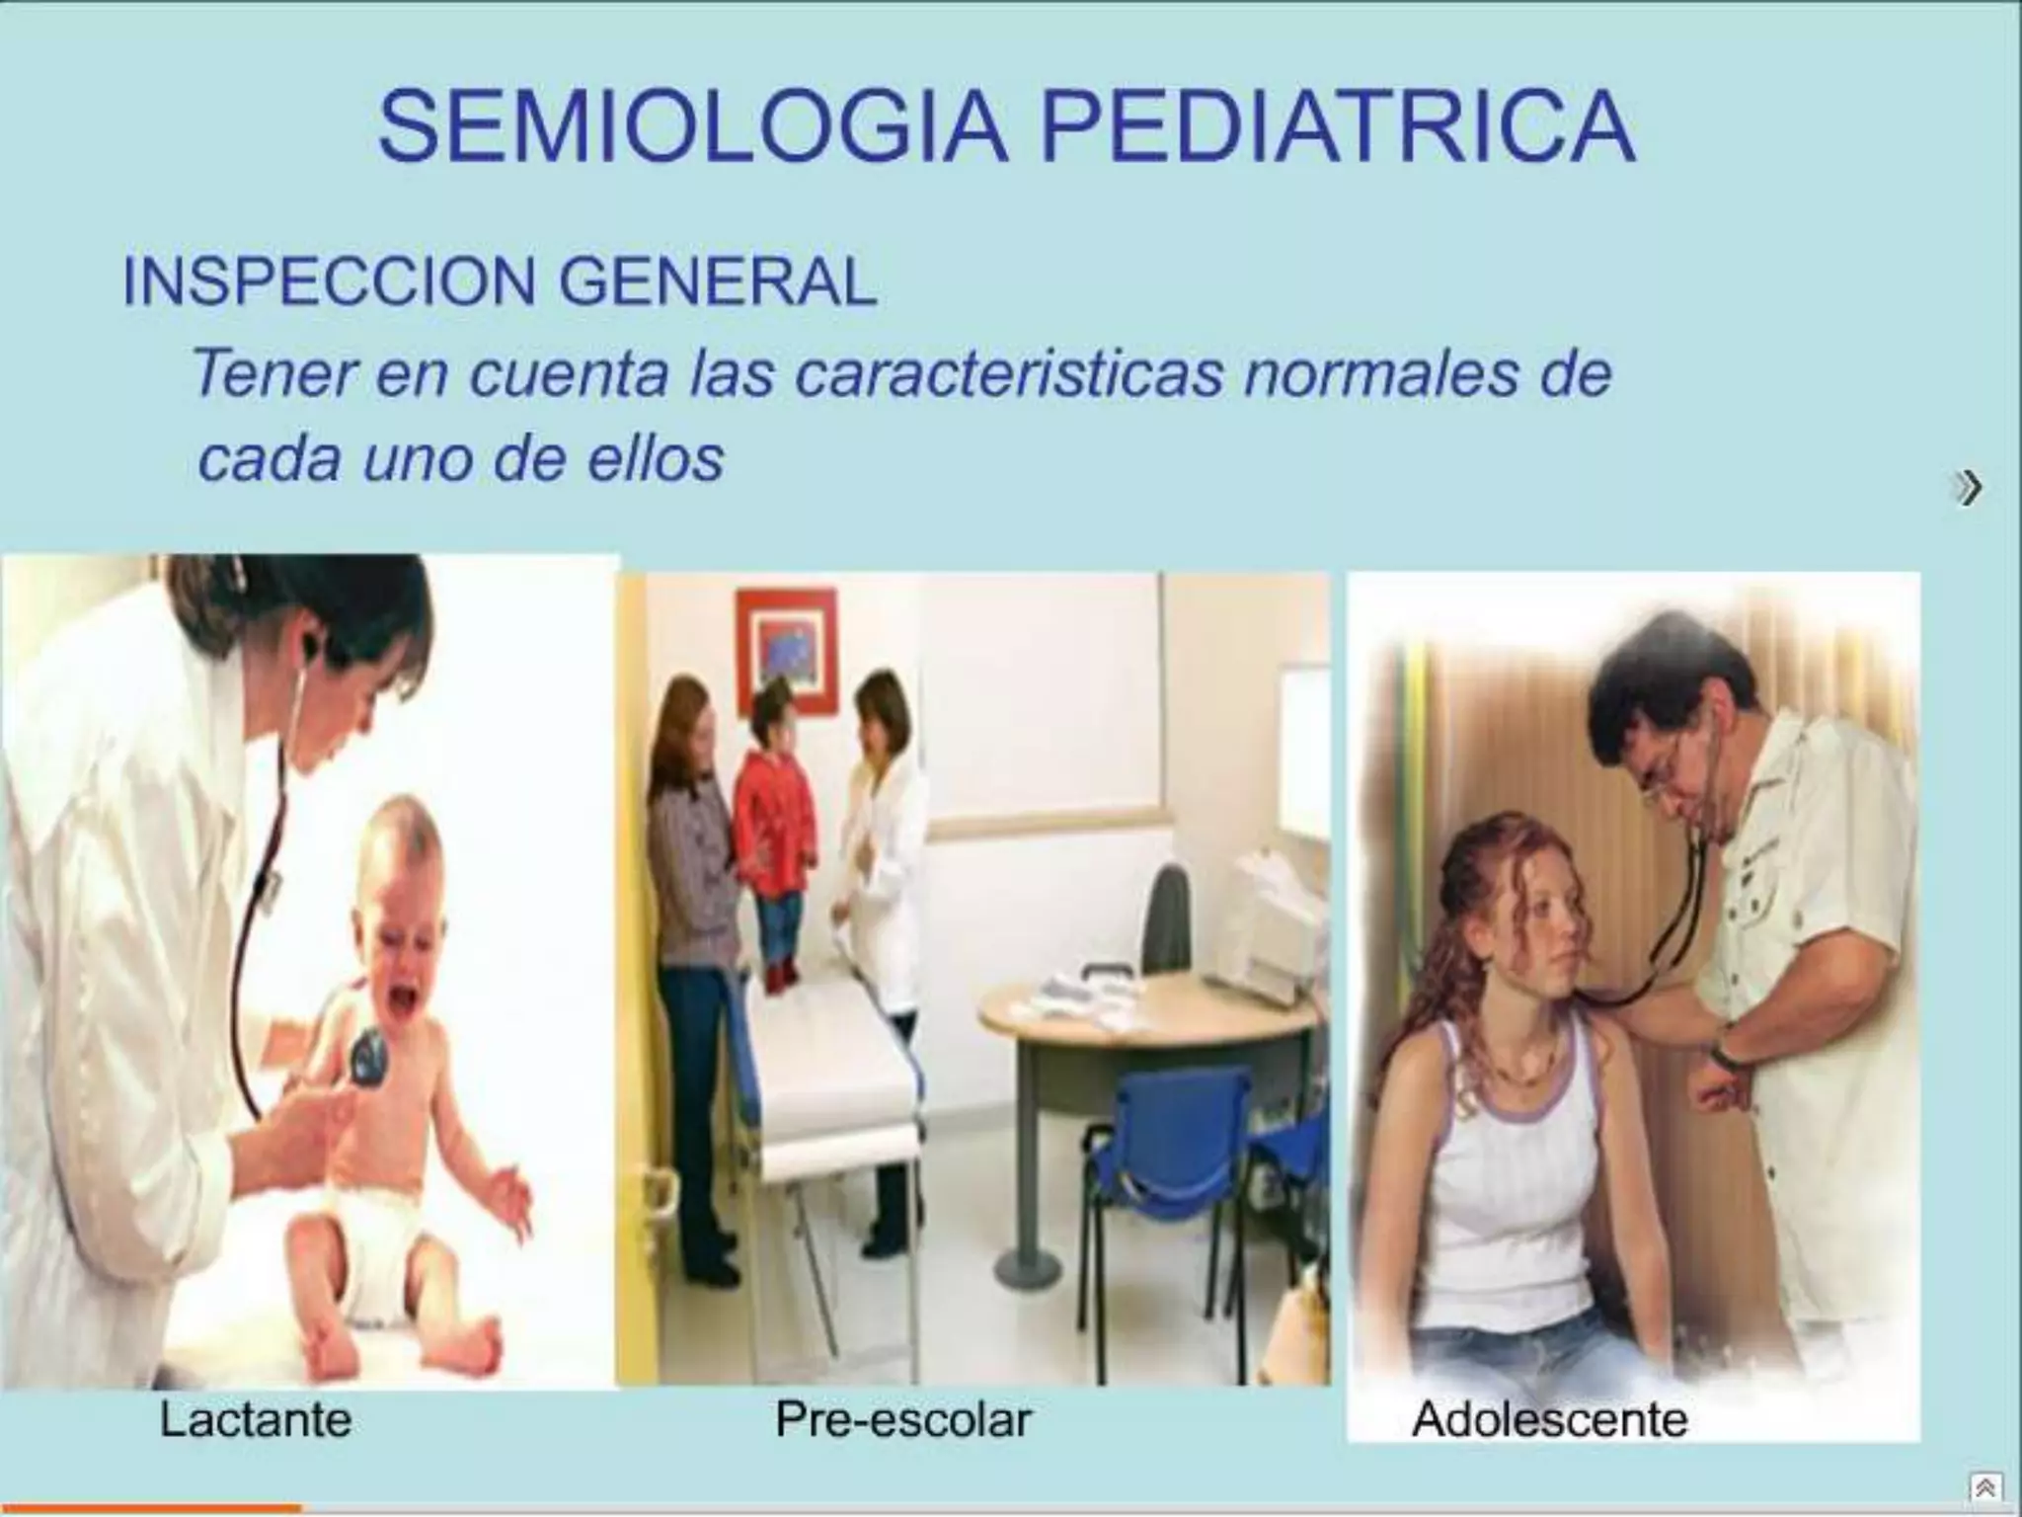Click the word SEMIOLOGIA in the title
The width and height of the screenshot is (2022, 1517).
click(x=691, y=128)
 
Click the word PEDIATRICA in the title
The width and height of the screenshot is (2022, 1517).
click(x=1338, y=128)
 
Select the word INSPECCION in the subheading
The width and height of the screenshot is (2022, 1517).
click(x=328, y=282)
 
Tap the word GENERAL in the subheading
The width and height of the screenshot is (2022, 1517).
click(x=718, y=282)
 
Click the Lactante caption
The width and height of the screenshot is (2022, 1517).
click(x=256, y=1420)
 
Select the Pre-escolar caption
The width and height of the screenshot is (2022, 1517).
click(x=903, y=1420)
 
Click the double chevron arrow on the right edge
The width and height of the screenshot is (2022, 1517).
click(x=1969, y=488)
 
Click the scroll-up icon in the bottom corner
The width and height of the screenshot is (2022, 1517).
click(x=1985, y=1486)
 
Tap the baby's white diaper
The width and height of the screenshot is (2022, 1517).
click(x=365, y=1254)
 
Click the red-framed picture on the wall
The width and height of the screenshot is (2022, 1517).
click(x=787, y=649)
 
